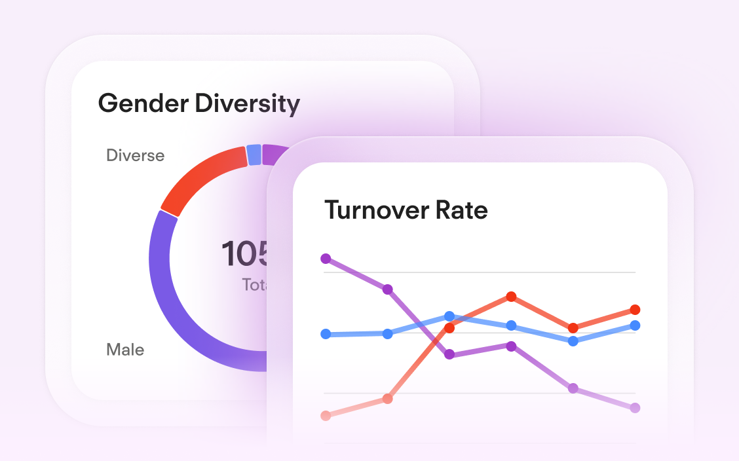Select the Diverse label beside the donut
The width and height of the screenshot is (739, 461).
pos(135,156)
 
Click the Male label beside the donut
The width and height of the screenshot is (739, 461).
pos(125,350)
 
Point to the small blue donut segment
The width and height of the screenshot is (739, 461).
pos(254,155)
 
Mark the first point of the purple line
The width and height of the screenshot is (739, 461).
pos(326,259)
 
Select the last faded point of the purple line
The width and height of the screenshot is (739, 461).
pos(635,408)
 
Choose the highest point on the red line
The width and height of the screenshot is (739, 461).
pos(511,297)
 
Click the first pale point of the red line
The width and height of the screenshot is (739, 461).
pos(326,415)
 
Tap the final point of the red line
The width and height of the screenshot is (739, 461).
pos(635,310)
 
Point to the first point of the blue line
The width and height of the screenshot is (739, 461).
pos(326,334)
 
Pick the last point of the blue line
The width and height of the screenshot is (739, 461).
pos(635,325)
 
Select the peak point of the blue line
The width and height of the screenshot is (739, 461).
pos(449,316)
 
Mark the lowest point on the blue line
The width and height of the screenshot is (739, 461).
pos(573,341)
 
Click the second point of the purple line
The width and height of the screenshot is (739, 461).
pos(387,289)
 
